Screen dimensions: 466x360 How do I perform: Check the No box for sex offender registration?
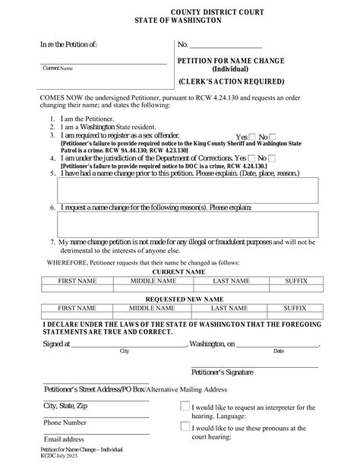[273, 136]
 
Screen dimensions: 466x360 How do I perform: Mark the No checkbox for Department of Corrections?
[272, 157]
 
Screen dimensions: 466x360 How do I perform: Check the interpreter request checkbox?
[185, 406]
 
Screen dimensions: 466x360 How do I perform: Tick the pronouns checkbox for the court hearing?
[185, 426]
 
